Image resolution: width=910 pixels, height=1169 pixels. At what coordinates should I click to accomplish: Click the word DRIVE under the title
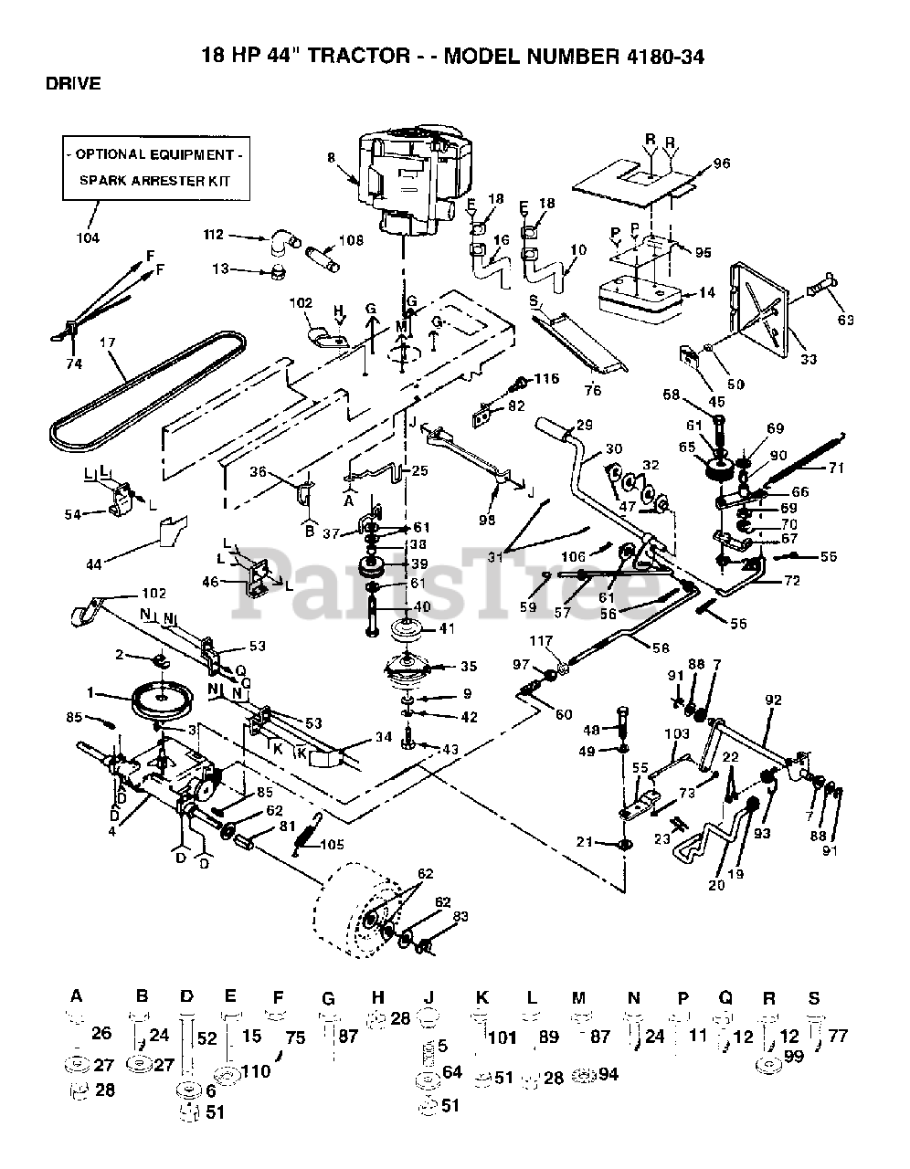(x=73, y=83)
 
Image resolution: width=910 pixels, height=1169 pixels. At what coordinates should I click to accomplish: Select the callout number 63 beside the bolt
(x=844, y=320)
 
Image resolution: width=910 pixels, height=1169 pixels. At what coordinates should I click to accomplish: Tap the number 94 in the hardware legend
(x=608, y=1074)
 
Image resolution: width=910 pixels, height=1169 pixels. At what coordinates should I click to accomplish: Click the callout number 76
(x=594, y=392)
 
